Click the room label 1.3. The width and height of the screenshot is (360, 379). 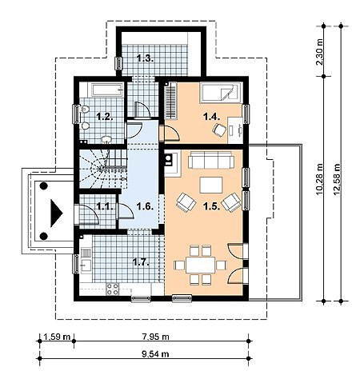coord(146,58)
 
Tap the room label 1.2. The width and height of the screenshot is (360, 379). coord(105,116)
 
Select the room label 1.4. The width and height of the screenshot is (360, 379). coord(212,116)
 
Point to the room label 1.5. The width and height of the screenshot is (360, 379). coord(212,205)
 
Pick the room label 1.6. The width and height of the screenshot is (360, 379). coord(145,205)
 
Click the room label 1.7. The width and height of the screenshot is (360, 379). coord(141,262)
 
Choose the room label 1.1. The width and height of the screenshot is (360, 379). coord(105,205)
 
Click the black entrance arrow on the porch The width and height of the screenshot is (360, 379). coord(56,213)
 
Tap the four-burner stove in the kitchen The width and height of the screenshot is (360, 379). coord(113,289)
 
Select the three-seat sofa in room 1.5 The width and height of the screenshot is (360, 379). coord(211,160)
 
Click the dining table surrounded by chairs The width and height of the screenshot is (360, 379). coord(201,265)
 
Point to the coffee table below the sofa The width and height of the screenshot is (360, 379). coord(211,185)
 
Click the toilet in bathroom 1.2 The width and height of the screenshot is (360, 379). coord(84,109)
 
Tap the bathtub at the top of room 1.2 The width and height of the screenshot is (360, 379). coord(108,90)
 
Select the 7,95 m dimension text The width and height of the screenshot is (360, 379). coord(156,337)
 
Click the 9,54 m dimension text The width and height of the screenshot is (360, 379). coord(156,354)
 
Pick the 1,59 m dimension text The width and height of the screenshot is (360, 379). coord(57,337)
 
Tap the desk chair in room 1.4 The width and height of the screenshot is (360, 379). coord(220,130)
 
